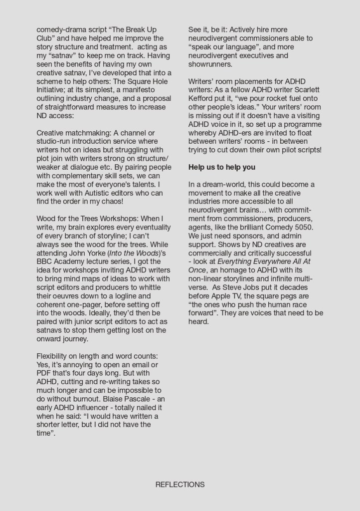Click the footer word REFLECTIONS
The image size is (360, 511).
(180, 484)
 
